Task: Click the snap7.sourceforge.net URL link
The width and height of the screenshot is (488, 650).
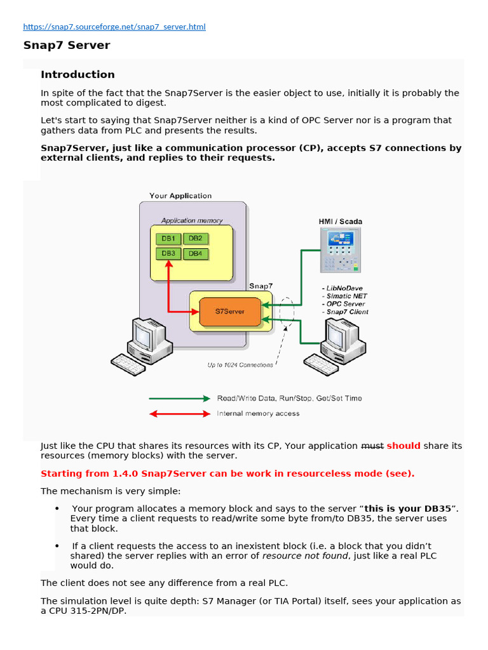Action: pos(114,27)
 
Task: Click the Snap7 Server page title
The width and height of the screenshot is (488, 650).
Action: pos(67,46)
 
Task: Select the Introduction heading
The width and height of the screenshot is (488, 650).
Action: pos(78,74)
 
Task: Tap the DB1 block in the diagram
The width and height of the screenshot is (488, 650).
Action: pos(168,239)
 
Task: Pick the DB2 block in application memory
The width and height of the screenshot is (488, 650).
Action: pos(195,239)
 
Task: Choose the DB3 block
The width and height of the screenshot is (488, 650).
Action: pos(168,253)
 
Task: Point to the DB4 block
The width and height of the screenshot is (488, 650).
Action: pos(195,253)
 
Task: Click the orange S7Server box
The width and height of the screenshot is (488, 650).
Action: pos(230,312)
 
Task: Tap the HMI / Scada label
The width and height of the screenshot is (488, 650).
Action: pos(341,222)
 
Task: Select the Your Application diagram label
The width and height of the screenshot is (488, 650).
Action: pos(180,196)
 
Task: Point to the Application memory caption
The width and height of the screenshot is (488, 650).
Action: pos(192,221)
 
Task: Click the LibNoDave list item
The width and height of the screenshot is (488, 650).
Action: pos(343,288)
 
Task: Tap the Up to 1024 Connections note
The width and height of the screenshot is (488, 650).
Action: pos(240,365)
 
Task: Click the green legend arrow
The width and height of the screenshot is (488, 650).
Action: pos(179,399)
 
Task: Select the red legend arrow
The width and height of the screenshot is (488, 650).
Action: pos(179,414)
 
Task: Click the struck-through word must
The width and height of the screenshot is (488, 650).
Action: pos(372,446)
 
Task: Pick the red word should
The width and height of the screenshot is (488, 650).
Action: pos(403,446)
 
